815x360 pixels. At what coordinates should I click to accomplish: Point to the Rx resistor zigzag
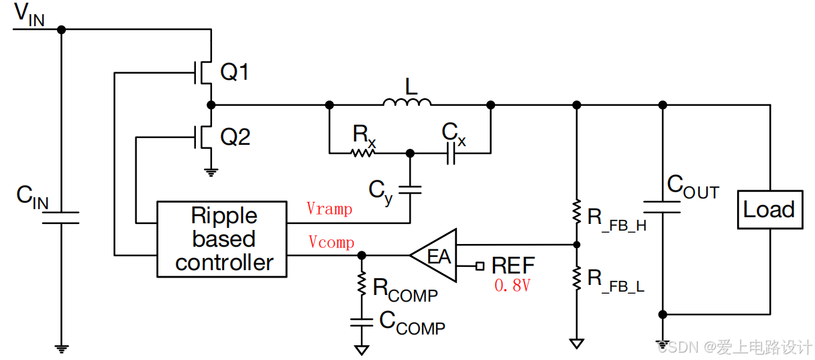tap(363, 153)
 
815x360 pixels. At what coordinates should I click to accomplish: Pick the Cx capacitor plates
tap(451, 153)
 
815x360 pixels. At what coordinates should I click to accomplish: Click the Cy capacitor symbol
tap(410, 190)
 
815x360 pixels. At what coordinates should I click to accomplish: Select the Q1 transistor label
tap(235, 72)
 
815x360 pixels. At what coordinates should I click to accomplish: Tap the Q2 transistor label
tap(235, 137)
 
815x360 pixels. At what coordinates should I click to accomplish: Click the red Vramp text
tap(329, 208)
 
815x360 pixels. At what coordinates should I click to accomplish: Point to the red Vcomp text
tap(331, 242)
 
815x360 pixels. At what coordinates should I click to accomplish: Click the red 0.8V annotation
tap(512, 285)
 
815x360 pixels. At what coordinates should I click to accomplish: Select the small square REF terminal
tap(480, 266)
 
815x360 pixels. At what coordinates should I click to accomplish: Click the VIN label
tap(29, 15)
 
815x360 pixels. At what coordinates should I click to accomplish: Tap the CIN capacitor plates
tap(61, 217)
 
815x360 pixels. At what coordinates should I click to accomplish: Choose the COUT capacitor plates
tap(662, 206)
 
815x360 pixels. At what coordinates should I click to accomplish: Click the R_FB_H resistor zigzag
tap(577, 211)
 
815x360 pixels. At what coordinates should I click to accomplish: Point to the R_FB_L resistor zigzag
tap(577, 278)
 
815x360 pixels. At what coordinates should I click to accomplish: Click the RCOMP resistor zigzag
tap(362, 283)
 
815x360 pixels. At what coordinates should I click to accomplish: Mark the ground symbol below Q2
tap(211, 172)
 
